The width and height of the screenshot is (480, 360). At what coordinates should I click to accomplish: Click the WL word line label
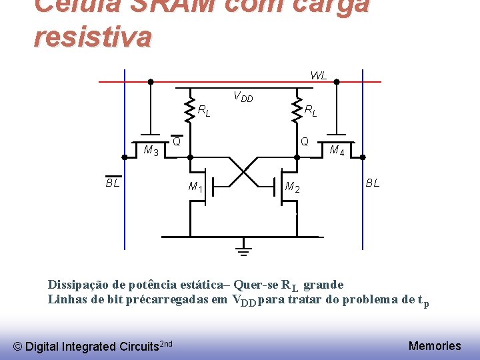318,75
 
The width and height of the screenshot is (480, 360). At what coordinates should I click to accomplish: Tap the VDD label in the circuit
243,97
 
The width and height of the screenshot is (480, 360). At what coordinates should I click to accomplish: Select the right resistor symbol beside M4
297,111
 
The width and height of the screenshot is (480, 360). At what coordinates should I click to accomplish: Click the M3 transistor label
151,151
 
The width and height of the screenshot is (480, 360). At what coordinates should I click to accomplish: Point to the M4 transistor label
337,151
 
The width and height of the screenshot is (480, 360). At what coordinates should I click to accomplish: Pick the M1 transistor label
195,187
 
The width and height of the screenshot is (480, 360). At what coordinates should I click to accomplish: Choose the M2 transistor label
292,187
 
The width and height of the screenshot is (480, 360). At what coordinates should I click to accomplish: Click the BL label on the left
113,182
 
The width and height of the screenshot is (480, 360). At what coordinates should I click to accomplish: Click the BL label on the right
372,183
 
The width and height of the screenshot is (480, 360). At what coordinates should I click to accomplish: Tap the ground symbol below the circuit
244,249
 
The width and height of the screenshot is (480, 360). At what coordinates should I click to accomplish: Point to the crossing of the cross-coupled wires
243,171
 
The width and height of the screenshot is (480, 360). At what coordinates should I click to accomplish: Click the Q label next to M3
177,141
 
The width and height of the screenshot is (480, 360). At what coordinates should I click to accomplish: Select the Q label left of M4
304,141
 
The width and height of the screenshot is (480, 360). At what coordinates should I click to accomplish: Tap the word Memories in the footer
434,345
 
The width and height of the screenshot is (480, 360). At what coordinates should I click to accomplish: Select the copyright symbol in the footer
18,346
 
